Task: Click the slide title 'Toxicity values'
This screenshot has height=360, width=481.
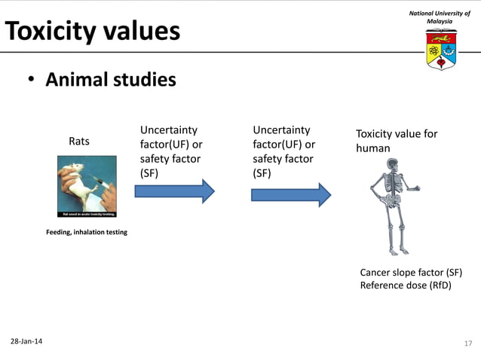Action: (x=93, y=32)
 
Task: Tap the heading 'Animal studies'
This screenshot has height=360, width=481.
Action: (x=111, y=80)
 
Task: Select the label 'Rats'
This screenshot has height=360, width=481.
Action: (x=79, y=141)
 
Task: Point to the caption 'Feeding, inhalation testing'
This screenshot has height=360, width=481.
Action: (x=87, y=232)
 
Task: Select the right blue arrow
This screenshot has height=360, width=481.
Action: (x=290, y=194)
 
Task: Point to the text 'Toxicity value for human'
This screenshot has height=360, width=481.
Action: (x=396, y=141)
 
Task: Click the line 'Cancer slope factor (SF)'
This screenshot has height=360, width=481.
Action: (x=411, y=272)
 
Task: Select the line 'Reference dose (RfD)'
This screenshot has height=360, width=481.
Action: (x=405, y=285)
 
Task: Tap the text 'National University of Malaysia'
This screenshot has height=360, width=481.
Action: (x=440, y=17)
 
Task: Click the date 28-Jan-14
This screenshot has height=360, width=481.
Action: (x=26, y=342)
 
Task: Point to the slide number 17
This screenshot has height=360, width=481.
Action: (x=467, y=343)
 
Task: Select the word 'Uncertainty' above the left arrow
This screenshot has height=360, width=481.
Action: (x=168, y=130)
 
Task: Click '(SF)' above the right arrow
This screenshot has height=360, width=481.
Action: (x=261, y=172)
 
